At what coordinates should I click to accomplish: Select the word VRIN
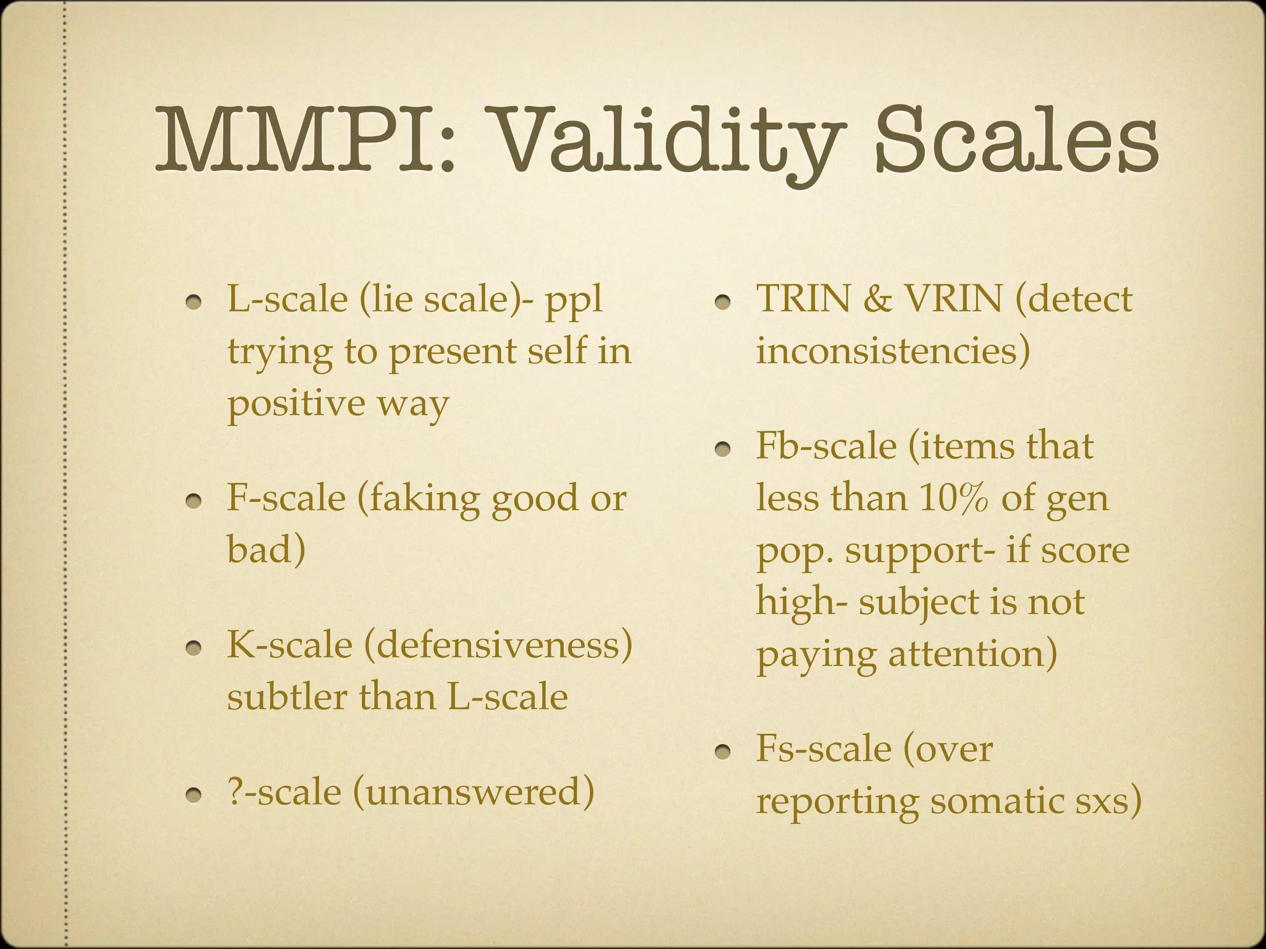(x=953, y=299)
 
